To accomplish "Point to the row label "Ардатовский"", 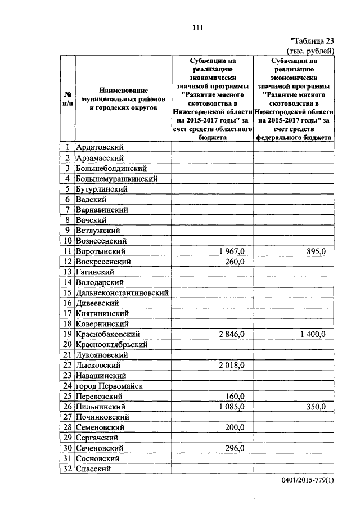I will [x=100, y=147].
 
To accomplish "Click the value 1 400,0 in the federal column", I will [x=312, y=334].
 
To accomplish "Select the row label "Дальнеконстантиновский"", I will [x=122, y=292].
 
